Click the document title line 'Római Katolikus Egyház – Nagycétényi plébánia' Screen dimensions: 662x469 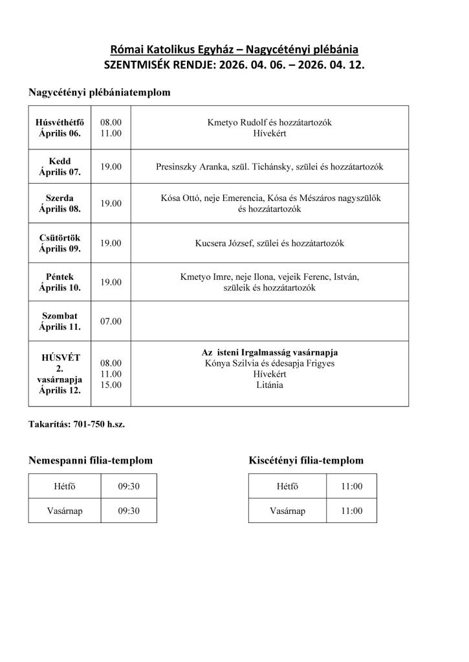coord(234,49)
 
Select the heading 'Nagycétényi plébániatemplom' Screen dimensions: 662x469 coord(99,92)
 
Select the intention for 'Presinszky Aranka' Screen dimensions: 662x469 coord(270,167)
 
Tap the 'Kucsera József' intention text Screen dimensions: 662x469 coord(270,244)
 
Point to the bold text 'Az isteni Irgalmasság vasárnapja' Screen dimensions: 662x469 coord(270,352)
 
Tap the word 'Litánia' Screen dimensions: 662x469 coord(270,385)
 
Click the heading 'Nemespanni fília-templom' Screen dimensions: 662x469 coord(91,460)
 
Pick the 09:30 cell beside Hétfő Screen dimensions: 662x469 coord(129,486)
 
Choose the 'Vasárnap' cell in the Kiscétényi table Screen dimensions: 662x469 coord(287,511)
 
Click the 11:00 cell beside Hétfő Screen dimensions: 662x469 coord(352,486)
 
